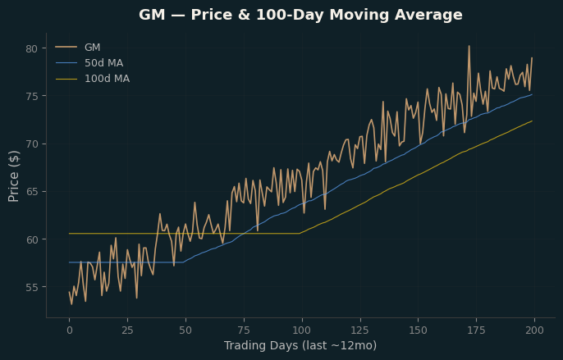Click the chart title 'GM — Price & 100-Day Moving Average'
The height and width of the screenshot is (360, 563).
(300, 15)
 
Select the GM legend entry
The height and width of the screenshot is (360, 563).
(78, 48)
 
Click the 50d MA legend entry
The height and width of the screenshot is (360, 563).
(89, 63)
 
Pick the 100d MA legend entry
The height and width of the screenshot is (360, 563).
(93, 79)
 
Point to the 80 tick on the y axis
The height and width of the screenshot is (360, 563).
(31, 49)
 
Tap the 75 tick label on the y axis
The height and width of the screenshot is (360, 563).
(31, 97)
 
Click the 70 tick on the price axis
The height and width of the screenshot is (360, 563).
(31, 144)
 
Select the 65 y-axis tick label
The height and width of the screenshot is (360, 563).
(31, 192)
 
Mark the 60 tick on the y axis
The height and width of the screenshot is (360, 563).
(31, 239)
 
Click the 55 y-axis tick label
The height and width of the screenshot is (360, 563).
(31, 288)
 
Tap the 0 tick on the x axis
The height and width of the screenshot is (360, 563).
(69, 330)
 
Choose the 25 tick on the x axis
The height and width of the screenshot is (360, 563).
(127, 330)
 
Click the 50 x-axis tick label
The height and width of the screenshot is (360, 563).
(185, 330)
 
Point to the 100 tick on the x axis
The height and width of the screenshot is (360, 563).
(302, 330)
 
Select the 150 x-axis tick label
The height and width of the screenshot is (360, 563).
(419, 330)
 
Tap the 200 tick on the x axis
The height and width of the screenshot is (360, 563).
(534, 330)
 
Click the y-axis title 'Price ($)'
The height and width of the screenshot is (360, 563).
(14, 176)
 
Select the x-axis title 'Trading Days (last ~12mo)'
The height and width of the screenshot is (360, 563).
(300, 345)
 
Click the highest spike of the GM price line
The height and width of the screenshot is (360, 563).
(469, 46)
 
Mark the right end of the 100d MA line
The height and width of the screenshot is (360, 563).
(532, 121)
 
